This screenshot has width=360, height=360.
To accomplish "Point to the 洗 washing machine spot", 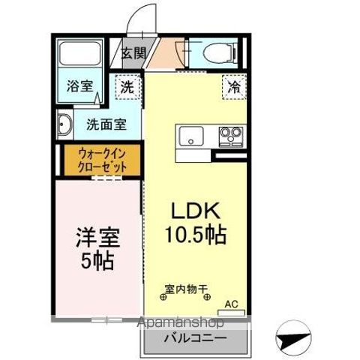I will [x=129, y=88].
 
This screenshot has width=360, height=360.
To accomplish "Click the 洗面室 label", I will [x=104, y=124].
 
